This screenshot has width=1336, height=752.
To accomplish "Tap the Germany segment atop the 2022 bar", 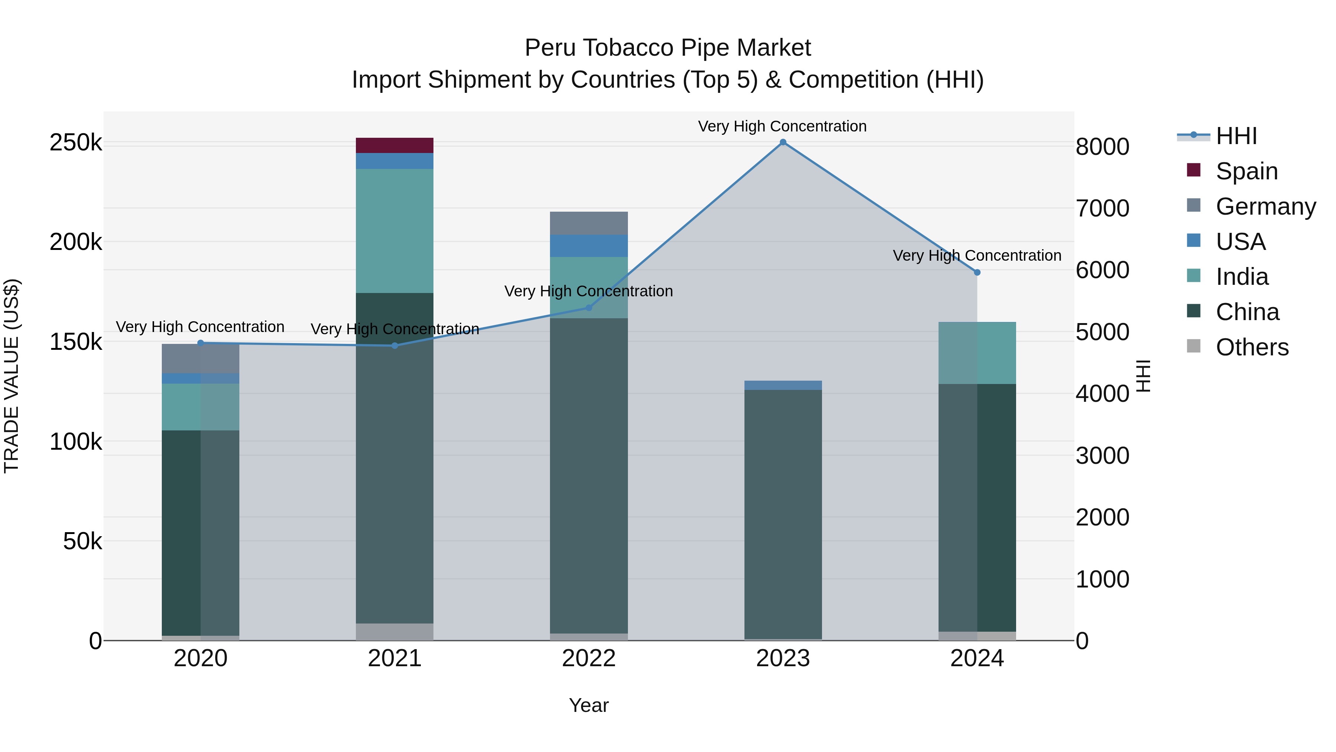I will pos(589,223).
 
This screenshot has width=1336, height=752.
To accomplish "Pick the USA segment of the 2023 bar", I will pos(783,385).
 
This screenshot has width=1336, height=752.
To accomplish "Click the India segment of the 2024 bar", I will pos(977,353).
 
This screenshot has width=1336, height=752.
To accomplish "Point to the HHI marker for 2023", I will pos(783,142).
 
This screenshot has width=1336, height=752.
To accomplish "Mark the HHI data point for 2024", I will pos(977,273).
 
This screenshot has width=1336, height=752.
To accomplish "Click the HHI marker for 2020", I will pos(201,343).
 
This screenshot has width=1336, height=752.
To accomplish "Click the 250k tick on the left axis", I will pos(76,142).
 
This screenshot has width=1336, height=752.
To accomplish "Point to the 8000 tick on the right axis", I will pos(1102,147).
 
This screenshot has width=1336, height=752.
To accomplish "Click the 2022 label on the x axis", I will pos(589,658).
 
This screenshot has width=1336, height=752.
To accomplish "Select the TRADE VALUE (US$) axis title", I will pos(12,376).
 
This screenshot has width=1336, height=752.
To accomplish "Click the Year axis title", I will pos(589,705).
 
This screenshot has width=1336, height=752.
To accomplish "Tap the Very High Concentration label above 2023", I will pos(782,126).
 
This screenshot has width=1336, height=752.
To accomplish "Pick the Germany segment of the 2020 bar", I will pos(201,358).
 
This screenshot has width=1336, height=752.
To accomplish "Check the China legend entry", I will pos(1247,312).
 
